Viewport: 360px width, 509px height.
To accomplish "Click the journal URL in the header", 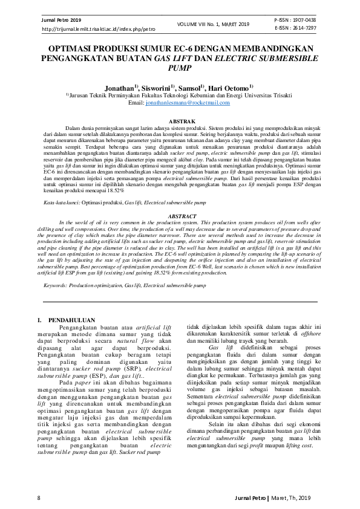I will pos(90,29).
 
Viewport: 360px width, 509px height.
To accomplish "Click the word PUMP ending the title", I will pos(180,69).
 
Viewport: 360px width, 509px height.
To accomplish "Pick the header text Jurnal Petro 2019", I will pos(59,20).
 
